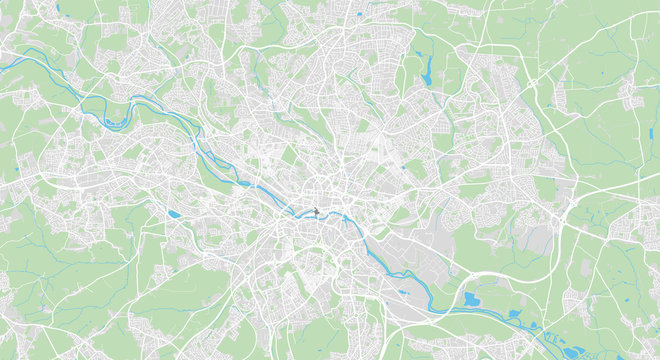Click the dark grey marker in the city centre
pos(315,211)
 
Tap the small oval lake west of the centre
pos(175,214)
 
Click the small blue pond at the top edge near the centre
pos(357,14)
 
